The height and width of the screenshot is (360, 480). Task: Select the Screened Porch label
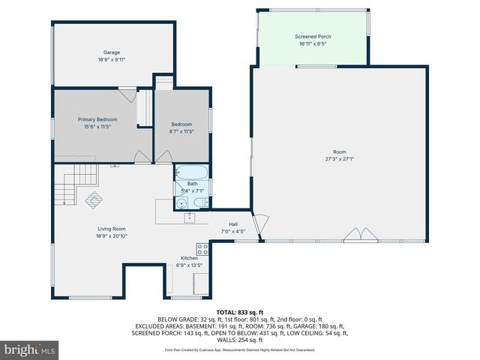(313, 36)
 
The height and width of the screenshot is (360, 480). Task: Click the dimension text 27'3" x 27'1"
(339, 158)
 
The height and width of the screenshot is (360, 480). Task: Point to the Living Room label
(111, 229)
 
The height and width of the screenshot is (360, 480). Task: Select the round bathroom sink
(181, 202)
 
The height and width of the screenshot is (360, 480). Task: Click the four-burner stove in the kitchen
(202, 248)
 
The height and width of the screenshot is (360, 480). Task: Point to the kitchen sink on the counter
(190, 217)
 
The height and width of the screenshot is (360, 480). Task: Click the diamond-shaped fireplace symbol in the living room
(94, 199)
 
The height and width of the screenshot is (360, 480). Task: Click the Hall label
(233, 223)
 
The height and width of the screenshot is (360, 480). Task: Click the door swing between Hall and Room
(259, 224)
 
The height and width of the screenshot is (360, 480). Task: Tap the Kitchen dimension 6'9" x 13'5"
(189, 265)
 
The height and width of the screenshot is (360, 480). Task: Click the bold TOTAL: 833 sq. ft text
(239, 311)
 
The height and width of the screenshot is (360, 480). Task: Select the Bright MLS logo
(30, 349)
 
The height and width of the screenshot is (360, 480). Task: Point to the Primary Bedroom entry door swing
(140, 156)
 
